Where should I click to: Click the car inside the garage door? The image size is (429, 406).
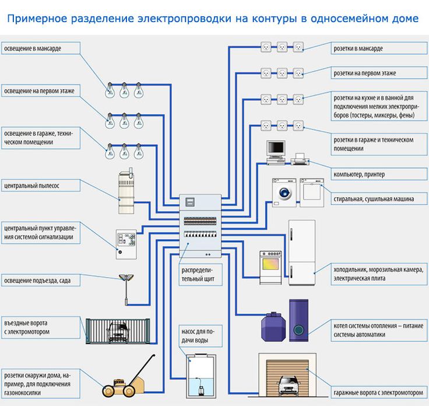286,384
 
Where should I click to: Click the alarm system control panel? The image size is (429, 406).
126,242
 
